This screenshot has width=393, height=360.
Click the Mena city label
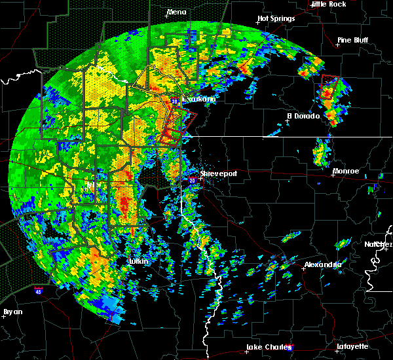pos(176,12)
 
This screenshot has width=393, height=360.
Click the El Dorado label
pos(303,116)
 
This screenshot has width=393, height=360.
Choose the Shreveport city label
pos(218,173)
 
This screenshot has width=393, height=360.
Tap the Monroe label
pos(345,171)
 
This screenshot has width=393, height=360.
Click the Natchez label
pos(378,243)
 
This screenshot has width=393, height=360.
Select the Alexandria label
pos(322,264)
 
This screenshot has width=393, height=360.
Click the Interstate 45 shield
pos(39,289)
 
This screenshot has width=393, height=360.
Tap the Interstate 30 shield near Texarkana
pos(175,101)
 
